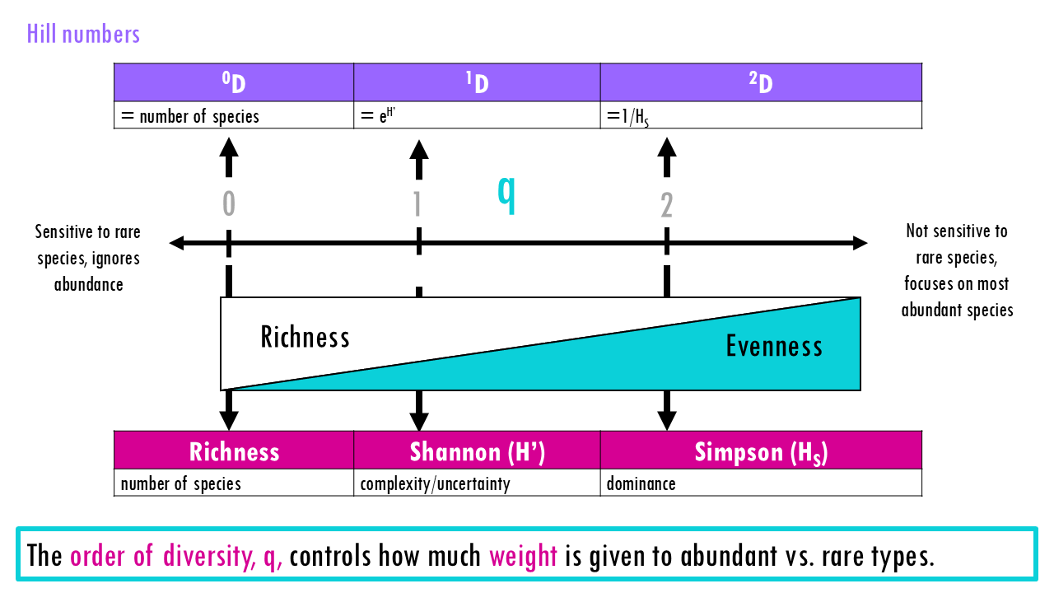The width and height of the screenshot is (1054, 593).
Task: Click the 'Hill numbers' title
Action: click(83, 34)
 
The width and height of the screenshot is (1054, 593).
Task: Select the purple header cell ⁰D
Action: click(234, 82)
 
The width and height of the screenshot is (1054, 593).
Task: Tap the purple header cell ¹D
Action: click(477, 82)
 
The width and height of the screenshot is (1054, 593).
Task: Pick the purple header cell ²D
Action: click(761, 82)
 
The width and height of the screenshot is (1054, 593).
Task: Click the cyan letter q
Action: click(506, 194)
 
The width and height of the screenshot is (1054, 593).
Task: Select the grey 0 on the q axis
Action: click(229, 204)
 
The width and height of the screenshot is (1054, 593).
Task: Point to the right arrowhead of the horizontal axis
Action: click(860, 243)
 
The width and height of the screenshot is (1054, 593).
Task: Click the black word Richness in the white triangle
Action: click(305, 337)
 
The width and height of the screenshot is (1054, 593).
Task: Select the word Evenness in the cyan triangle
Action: click(774, 346)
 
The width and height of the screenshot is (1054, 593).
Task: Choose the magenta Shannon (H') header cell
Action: click(477, 451)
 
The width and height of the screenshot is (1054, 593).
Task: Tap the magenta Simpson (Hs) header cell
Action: click(761, 451)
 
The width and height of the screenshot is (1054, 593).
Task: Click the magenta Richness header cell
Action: click(234, 451)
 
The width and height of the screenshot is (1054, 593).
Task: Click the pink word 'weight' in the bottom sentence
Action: click(523, 556)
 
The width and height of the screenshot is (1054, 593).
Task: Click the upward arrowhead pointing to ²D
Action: click(667, 147)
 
